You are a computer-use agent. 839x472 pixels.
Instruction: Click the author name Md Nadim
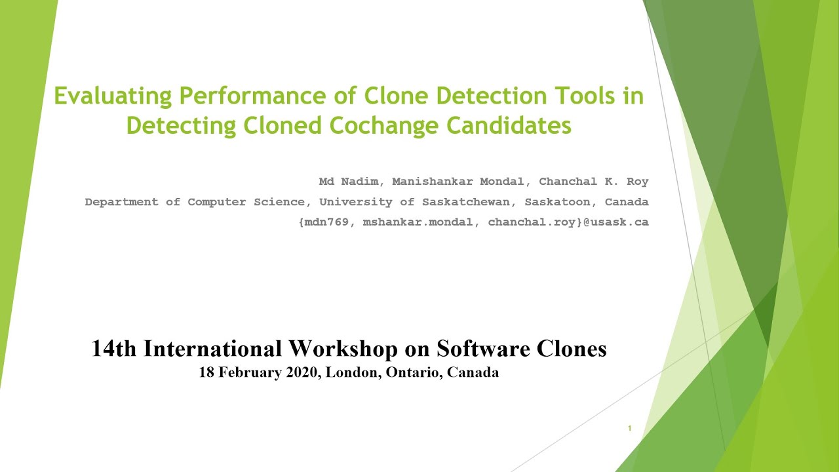click(x=349, y=182)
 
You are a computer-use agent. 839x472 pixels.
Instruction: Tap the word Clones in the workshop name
click(x=571, y=349)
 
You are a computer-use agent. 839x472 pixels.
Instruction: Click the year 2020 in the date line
click(x=301, y=373)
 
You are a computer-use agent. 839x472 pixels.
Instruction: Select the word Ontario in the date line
click(x=417, y=373)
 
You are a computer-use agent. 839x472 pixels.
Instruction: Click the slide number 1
click(x=629, y=429)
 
